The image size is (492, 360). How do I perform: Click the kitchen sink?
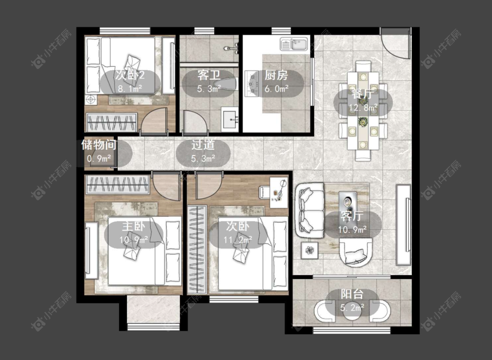pos(294,44)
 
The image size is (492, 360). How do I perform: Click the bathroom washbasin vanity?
pos(230,119)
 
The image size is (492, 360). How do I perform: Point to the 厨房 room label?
pos(276,76)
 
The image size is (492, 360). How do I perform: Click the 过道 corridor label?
pos(203,145)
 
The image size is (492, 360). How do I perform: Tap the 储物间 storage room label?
pos(99,145)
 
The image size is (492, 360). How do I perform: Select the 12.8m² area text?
pos(363,108)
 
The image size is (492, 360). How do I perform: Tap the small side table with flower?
pos(310,250)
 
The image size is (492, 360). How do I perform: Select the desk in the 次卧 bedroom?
pos(279,192)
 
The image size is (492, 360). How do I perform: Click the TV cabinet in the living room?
pos(404,225)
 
